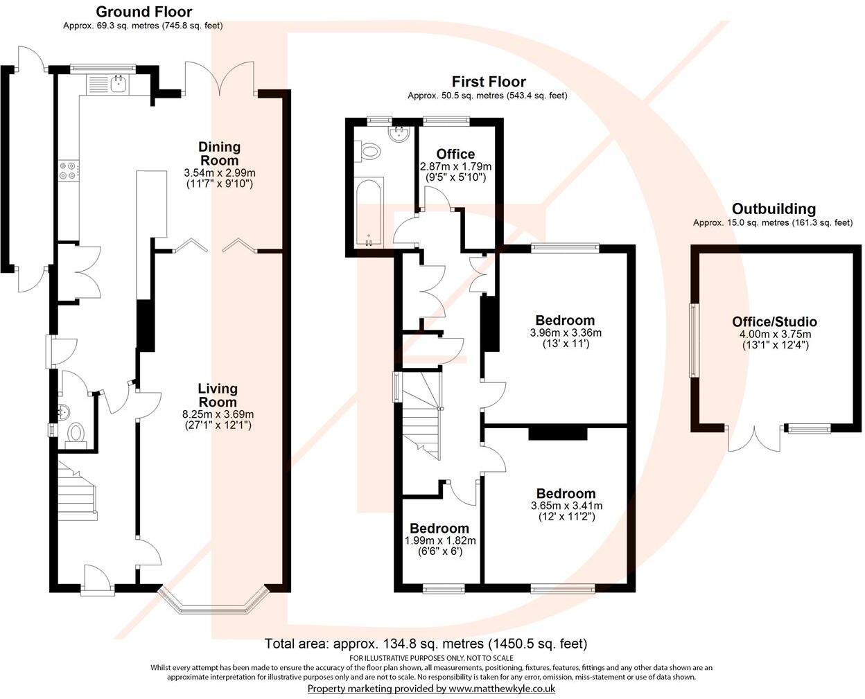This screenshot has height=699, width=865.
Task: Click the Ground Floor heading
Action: pos(143,12)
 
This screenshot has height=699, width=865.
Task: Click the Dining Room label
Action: pos(219,153)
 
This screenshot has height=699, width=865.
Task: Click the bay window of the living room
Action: pos(213,602)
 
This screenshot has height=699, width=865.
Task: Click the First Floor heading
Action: pos(488,82)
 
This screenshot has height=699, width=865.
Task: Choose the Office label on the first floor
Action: pos(455,154)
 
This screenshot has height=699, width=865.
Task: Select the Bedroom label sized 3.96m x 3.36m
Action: pos(565,320)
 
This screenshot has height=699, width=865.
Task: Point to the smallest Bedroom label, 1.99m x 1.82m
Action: pos(439,529)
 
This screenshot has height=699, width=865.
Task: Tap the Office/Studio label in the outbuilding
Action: pos(774,321)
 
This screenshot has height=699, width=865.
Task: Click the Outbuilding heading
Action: pos(774,209)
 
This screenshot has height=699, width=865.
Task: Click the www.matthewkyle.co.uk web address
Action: pos(502,689)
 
